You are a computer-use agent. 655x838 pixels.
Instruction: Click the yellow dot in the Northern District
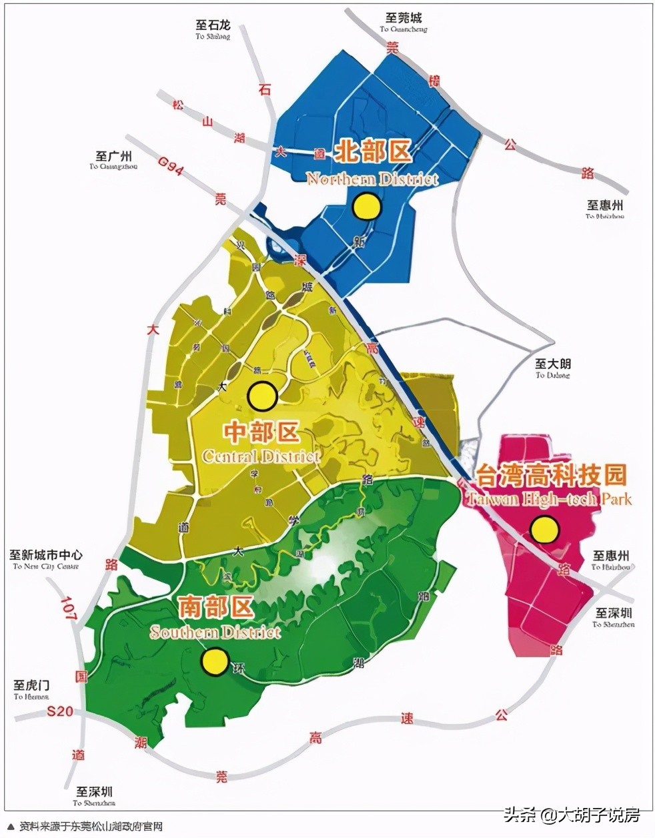(367, 207)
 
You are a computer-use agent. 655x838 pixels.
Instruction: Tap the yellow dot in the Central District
(262, 396)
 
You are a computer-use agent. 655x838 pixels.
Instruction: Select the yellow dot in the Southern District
(215, 662)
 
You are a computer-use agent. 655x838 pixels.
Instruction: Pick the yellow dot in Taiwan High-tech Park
(544, 530)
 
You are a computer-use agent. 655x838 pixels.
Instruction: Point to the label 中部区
(261, 434)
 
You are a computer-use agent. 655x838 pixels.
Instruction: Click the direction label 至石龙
(213, 25)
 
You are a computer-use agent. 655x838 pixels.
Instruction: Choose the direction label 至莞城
(404, 18)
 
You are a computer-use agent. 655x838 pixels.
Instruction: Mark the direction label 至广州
(113, 156)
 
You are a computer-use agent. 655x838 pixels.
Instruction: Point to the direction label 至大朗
(553, 364)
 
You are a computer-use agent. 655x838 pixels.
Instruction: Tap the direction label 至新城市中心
(46, 555)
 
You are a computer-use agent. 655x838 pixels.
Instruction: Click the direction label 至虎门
(31, 685)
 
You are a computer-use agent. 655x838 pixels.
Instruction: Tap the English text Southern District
(215, 632)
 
